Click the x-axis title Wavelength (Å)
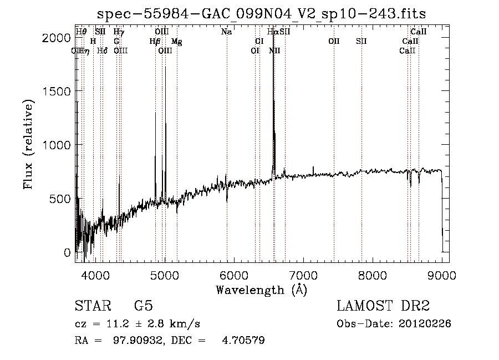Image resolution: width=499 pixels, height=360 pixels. click(261, 290)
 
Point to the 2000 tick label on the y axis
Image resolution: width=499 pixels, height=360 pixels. click(57, 38)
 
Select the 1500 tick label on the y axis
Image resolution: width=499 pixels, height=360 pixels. click(57, 92)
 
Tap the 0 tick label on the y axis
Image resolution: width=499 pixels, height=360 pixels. click(68, 252)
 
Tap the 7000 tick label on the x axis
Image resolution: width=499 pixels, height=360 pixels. click(303, 275)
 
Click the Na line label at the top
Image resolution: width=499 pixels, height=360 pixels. click(226, 32)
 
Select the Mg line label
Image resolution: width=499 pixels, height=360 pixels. click(176, 42)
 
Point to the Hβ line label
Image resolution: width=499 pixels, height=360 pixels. click(155, 42)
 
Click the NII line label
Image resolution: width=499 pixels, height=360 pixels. click(274, 51)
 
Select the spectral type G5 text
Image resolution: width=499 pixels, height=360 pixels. click(143, 306)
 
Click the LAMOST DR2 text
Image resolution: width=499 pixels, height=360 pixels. click(383, 306)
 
